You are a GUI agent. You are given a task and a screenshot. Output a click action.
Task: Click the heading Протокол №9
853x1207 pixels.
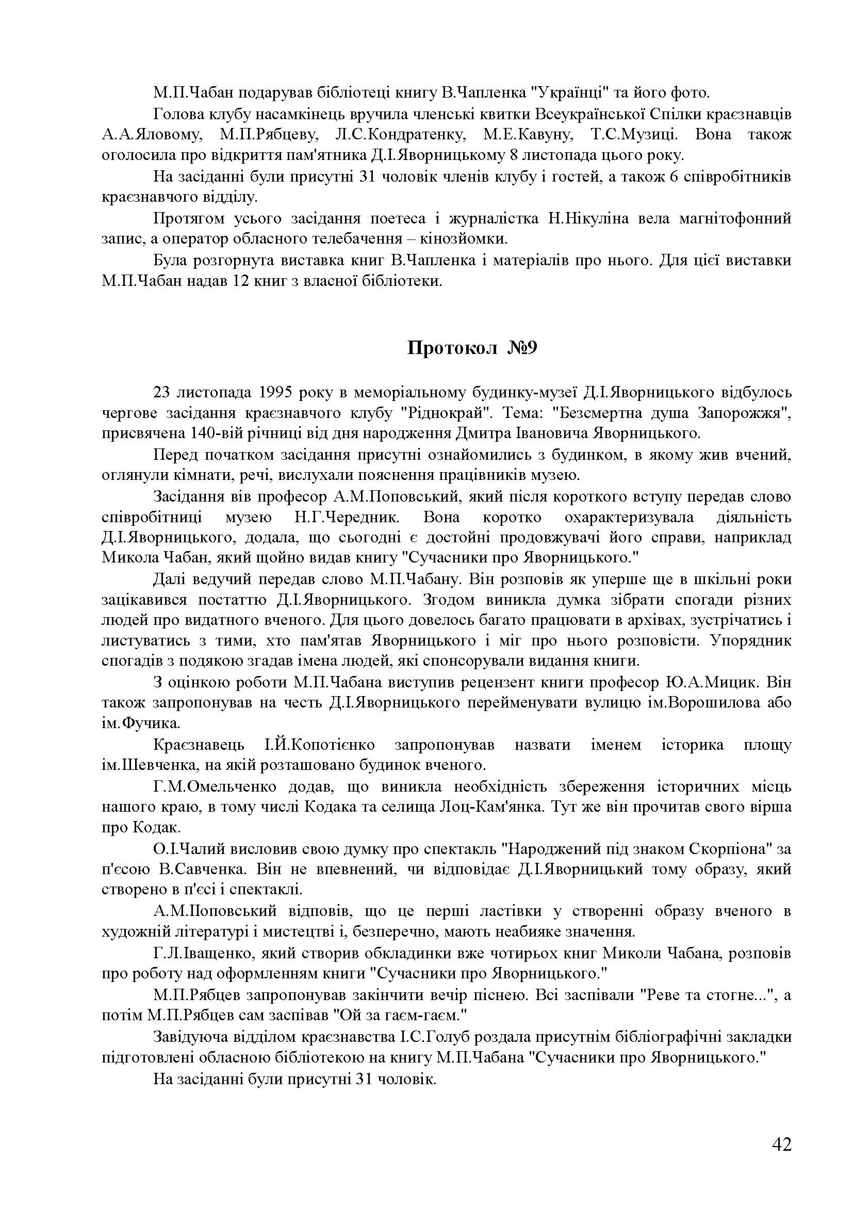pos(472,348)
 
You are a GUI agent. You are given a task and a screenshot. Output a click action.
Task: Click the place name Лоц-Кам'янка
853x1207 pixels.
pos(490,807)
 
